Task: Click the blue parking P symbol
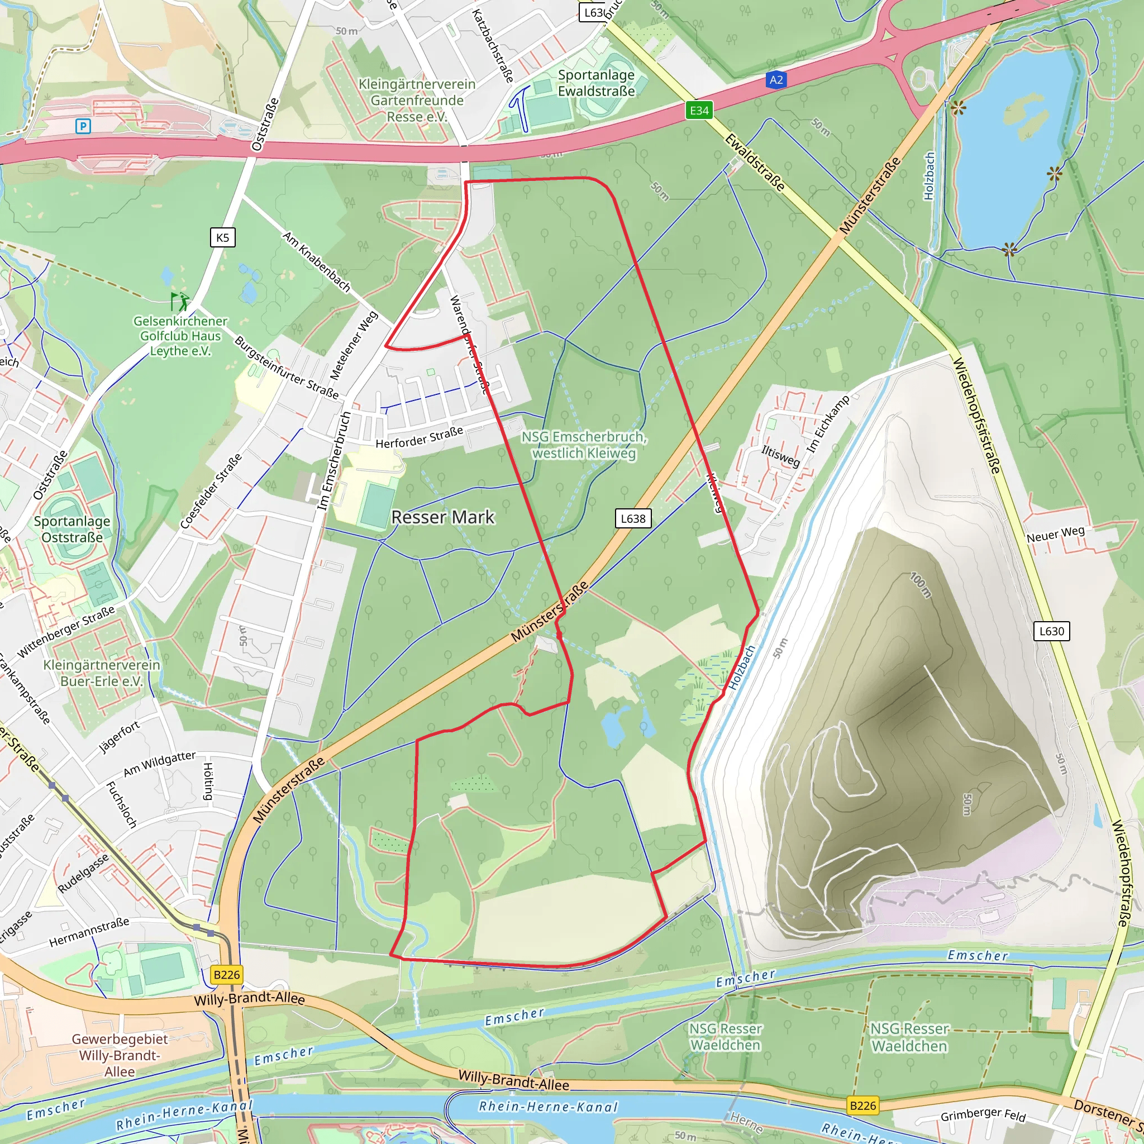pyautogui.click(x=83, y=126)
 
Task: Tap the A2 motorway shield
pyautogui.click(x=776, y=80)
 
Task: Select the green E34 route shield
pyautogui.click(x=699, y=110)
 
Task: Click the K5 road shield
pyautogui.click(x=223, y=237)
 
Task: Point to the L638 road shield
pyautogui.click(x=633, y=519)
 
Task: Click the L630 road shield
pyautogui.click(x=1052, y=631)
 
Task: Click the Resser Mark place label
pyautogui.click(x=442, y=517)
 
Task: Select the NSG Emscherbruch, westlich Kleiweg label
pyautogui.click(x=584, y=445)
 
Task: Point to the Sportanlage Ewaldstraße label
pyautogui.click(x=596, y=83)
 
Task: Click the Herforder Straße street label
pyautogui.click(x=420, y=437)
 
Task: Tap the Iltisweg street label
pyautogui.click(x=780, y=456)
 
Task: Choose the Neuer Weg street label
pyautogui.click(x=1055, y=534)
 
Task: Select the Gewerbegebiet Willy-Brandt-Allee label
pyautogui.click(x=120, y=1055)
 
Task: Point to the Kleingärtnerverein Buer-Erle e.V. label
pyautogui.click(x=102, y=673)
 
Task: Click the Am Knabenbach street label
pyautogui.click(x=316, y=261)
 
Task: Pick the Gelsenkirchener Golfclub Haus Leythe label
pyautogui.click(x=180, y=336)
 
